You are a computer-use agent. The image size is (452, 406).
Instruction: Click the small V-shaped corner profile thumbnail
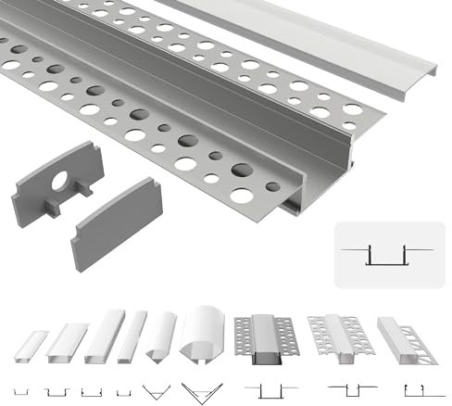pos(161,336)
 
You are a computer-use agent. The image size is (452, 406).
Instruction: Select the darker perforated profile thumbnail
pos(263,338)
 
